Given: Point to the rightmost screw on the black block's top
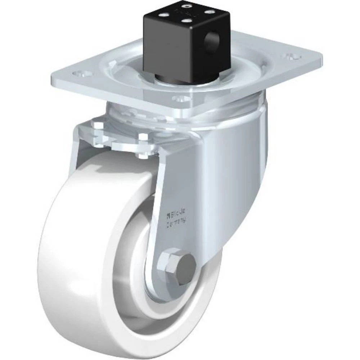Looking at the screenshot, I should click(208, 11).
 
